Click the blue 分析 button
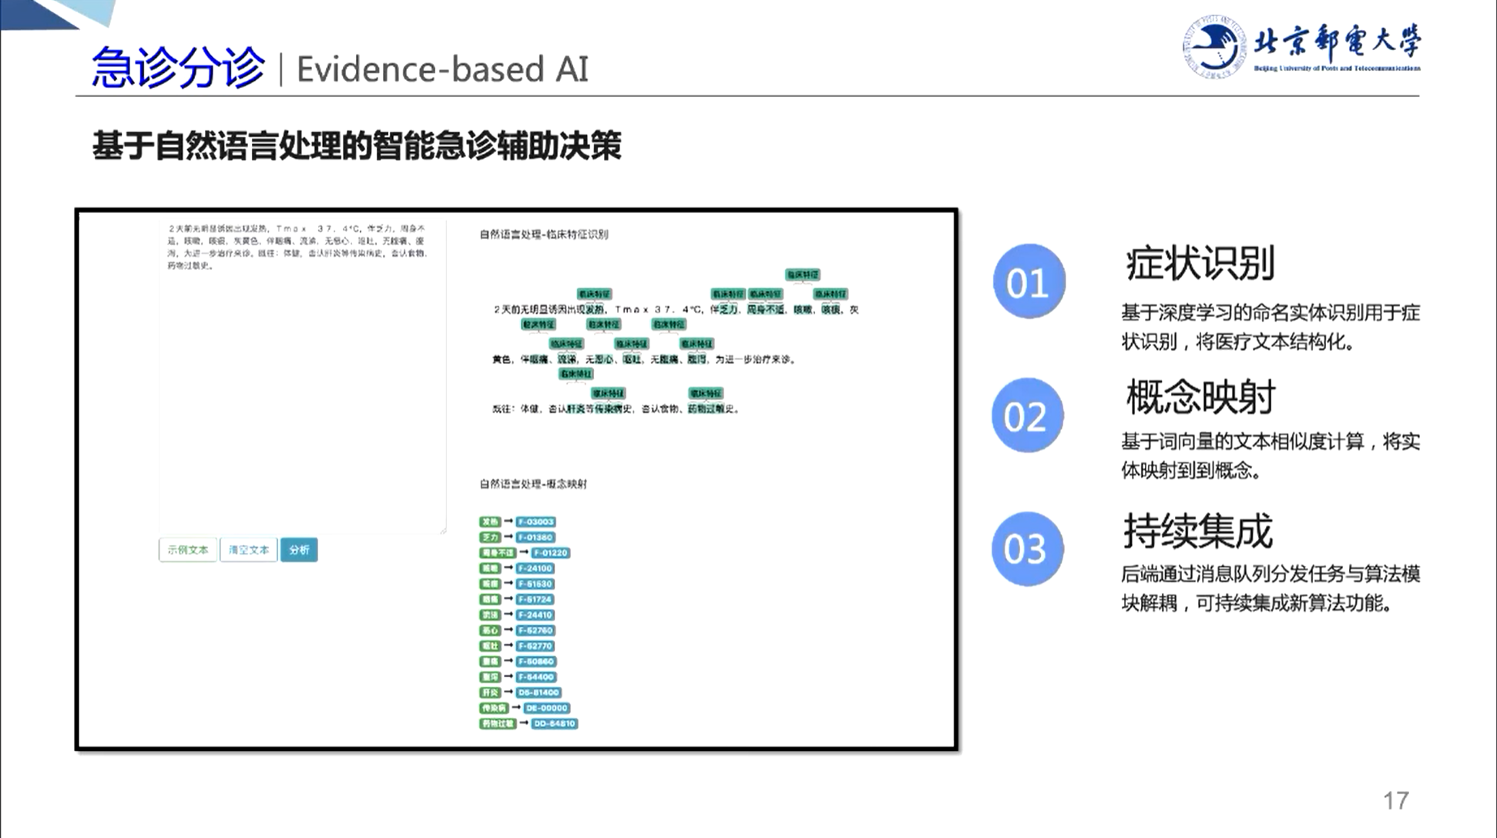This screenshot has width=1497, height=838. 299,550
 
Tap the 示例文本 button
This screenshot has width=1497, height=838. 188,550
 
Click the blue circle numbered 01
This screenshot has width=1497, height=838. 1029,282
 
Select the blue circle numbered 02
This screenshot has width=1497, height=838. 1027,416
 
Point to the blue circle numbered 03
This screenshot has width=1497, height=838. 1027,549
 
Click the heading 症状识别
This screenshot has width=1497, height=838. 1200,264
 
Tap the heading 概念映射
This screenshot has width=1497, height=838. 1200,398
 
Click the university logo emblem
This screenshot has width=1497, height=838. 1213,46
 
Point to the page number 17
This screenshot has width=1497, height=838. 1395,801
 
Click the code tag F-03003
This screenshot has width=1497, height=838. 535,522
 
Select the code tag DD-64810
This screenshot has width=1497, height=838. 554,724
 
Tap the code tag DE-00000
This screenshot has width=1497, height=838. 546,708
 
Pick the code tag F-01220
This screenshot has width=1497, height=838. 550,553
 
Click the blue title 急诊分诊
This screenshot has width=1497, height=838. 178,68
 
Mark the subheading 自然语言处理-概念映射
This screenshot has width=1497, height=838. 533,484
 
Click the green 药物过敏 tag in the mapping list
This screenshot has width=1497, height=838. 498,724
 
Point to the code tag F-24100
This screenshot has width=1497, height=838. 535,568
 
